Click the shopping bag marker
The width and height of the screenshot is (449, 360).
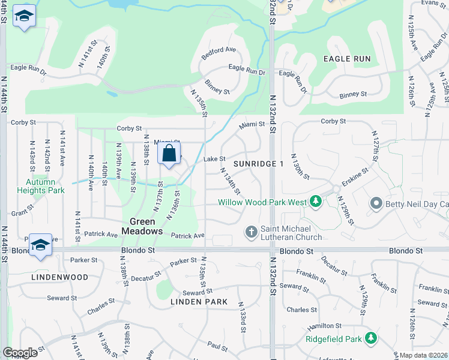(x=169, y=153)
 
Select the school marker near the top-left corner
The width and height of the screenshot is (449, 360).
(x=24, y=17)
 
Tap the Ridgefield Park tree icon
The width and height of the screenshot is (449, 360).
(x=372, y=339)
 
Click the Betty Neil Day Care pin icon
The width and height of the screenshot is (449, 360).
(x=376, y=204)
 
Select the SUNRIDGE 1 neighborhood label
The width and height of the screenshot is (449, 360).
(x=259, y=164)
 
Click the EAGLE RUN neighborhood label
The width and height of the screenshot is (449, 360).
(x=347, y=59)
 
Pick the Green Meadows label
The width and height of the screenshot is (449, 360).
(x=142, y=226)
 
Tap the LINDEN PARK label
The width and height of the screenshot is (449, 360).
(x=199, y=301)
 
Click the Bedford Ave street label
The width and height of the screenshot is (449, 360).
(x=223, y=50)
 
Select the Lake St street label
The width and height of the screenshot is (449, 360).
(x=214, y=159)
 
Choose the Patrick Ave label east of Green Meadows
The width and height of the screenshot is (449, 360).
(x=188, y=236)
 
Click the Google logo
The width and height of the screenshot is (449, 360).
(x=20, y=353)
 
